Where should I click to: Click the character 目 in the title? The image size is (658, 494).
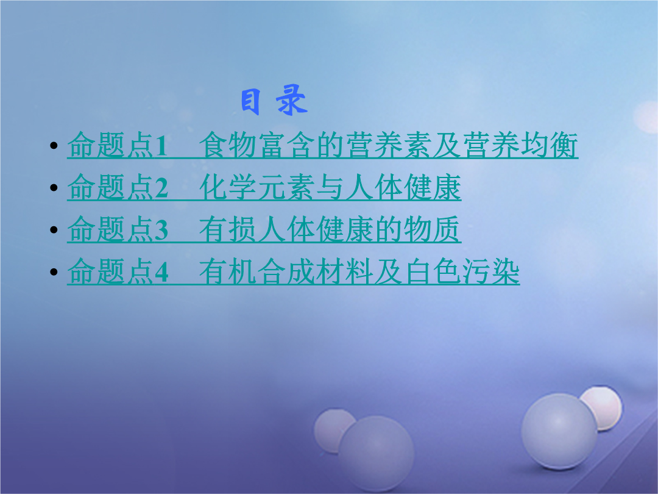pos(250,102)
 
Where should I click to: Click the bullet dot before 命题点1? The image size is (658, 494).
pos(54,146)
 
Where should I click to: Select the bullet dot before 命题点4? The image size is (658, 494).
pos(54,272)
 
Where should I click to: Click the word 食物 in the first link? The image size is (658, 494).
pos(227,145)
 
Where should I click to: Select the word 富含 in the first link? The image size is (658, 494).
pos(286,145)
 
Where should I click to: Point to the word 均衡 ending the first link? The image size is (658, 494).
pos(550,145)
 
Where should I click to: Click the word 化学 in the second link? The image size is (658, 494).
pos(227,187)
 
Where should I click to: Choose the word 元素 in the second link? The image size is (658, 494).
pos(286,187)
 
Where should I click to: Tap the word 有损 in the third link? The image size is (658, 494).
pos(227,229)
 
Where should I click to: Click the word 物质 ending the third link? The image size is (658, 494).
pos(432,229)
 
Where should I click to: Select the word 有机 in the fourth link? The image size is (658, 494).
pos(227,272)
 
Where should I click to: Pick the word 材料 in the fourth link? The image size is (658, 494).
pos(344,272)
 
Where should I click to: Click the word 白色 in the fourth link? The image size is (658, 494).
pos(432,272)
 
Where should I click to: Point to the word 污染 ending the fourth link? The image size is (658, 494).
pos(491,272)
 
